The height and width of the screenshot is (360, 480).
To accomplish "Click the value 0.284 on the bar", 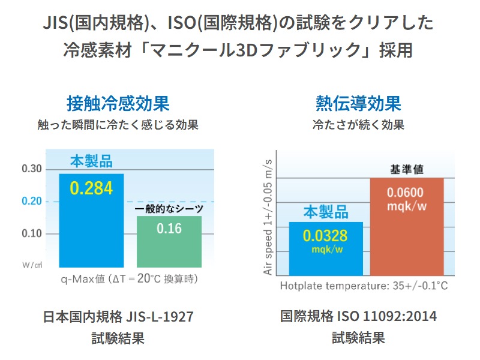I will [91, 188].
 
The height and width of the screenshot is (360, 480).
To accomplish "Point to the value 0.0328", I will [325, 235].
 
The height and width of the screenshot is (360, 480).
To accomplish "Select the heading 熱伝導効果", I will [358, 103].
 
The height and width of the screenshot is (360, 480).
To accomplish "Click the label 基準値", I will [406, 170].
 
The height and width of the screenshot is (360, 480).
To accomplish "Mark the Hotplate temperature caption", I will [364, 286].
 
